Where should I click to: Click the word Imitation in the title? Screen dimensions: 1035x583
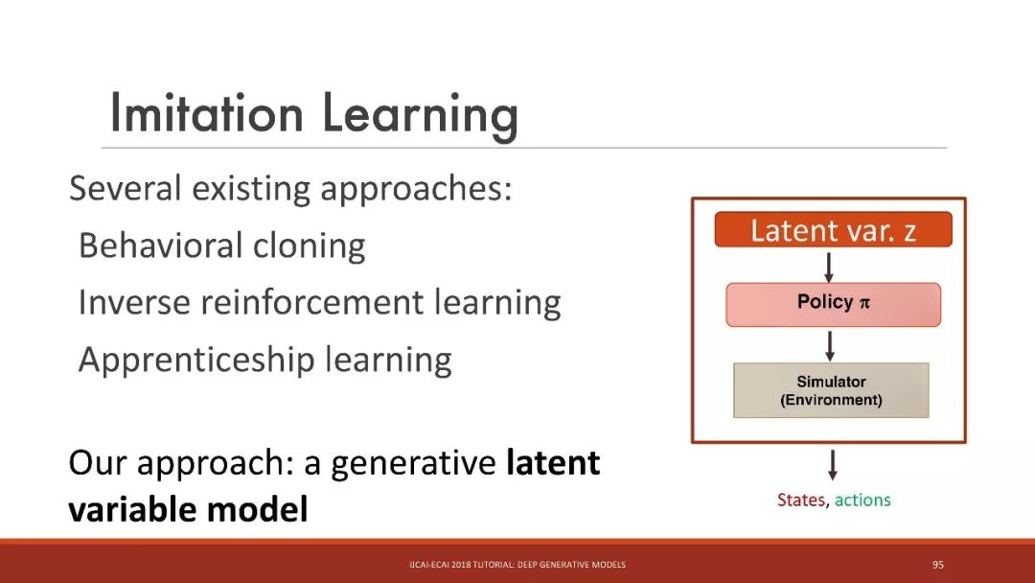207,113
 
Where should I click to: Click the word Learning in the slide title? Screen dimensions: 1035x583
420,116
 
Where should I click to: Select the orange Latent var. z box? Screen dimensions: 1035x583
833,230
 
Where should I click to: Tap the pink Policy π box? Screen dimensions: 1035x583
833,304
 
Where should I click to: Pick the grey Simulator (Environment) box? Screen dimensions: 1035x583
831,390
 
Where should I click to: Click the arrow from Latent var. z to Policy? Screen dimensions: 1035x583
829,267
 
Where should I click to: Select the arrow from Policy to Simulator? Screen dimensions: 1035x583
830,346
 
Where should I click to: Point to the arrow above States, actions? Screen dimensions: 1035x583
833,465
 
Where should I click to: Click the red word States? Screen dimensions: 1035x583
801,500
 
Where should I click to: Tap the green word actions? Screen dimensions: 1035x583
862,500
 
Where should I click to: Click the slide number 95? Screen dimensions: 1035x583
938,565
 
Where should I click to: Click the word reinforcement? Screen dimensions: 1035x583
311,302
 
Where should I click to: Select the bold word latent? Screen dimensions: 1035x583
553,461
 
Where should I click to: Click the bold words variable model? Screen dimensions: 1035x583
188,509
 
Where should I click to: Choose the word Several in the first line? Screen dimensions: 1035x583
125,188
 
